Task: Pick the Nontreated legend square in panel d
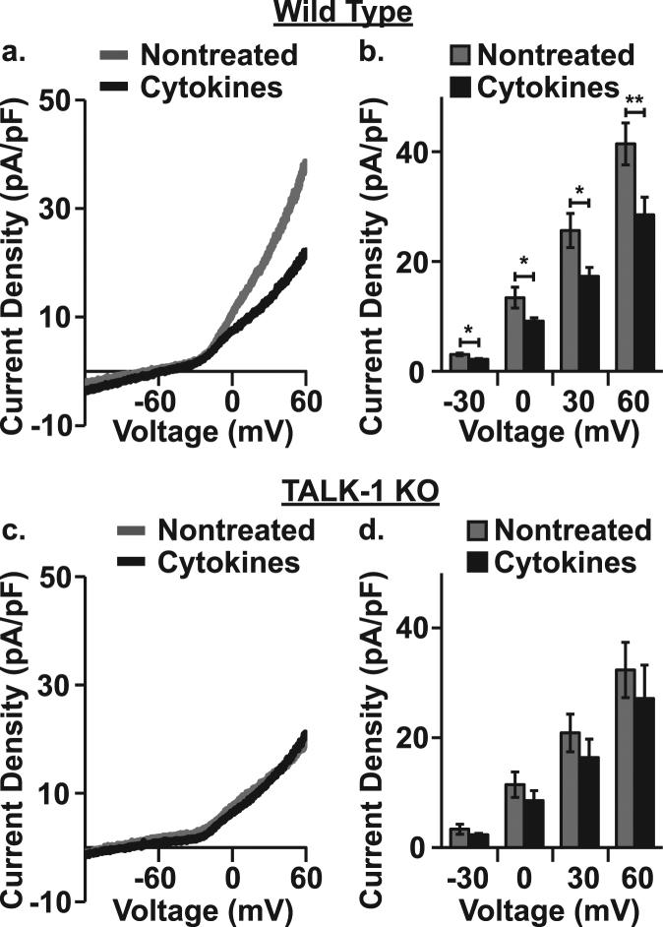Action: (478, 531)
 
